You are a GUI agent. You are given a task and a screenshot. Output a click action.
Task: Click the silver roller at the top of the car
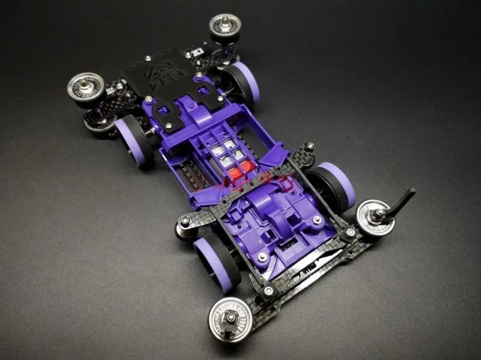point(224,26)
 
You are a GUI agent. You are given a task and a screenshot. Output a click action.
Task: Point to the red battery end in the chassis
point(236,174)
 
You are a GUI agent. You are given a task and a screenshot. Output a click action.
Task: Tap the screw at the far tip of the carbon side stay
point(310,146)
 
